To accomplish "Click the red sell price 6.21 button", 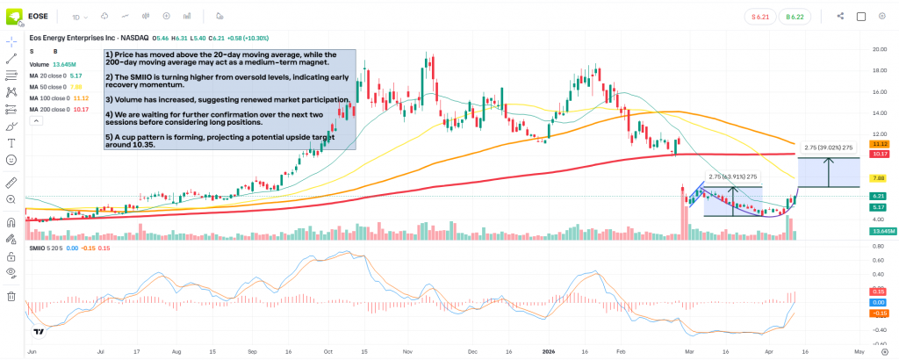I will [x=760, y=16].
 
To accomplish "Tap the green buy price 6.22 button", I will [x=796, y=16].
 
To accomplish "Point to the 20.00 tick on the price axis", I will [x=878, y=49].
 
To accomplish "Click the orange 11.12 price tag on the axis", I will [x=878, y=143].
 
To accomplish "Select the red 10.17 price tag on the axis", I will [x=878, y=154].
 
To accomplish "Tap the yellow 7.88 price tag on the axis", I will [x=878, y=177].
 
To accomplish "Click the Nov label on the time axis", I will [x=406, y=349].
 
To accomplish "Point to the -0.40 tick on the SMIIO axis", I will [x=878, y=329].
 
